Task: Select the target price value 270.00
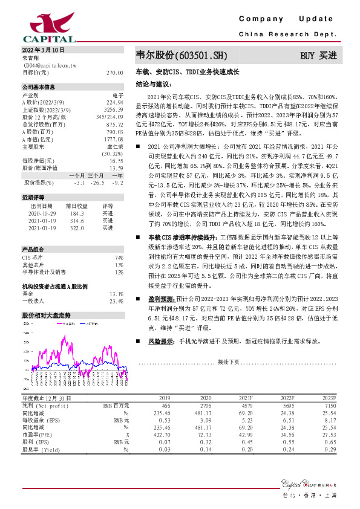(x=114, y=72)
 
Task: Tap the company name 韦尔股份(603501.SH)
(x=182, y=56)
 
